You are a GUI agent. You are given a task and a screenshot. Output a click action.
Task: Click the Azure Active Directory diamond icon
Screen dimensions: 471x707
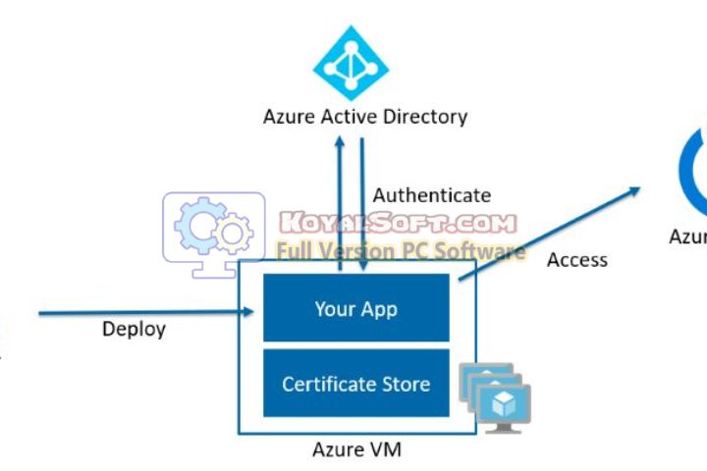coord(351,62)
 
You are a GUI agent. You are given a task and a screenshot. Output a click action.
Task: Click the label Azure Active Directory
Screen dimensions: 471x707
coord(364,117)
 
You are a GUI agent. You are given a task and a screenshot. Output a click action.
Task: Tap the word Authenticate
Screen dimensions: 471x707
coord(431,195)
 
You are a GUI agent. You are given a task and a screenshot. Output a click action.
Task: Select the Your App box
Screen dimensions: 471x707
coord(355,308)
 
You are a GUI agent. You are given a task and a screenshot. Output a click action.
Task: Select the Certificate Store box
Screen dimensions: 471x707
coord(355,384)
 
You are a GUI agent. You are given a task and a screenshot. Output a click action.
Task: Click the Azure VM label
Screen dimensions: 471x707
coord(356,450)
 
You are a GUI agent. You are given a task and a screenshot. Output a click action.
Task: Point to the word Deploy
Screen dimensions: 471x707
coord(134,329)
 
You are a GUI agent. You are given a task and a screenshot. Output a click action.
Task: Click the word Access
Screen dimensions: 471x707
coord(576,260)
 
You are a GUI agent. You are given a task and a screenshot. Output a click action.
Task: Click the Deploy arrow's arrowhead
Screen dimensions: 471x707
coord(254,314)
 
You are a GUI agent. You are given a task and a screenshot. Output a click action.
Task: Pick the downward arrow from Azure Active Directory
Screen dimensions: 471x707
coord(363,206)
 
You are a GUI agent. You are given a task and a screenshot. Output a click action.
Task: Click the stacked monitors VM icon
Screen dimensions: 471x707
coord(496,398)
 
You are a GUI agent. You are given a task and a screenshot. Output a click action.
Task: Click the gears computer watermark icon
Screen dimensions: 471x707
coord(213,234)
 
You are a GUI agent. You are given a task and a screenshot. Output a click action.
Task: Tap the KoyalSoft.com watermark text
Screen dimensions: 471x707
coord(398,224)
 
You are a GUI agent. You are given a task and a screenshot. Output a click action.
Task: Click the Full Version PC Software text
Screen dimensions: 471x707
coord(401,251)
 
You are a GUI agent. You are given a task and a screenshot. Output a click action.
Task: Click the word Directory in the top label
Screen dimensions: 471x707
coord(425,117)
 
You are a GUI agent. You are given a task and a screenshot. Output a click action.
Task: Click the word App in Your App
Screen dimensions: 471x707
coord(378,308)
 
